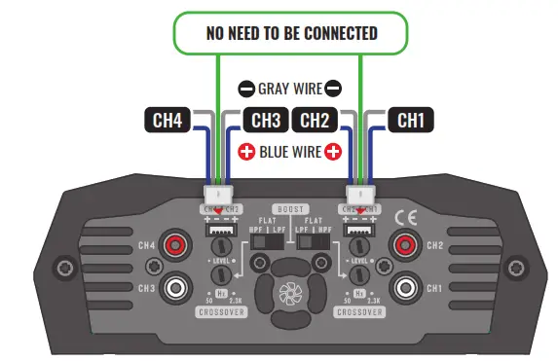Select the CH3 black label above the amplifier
click(262, 121)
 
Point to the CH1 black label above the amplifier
click(410, 121)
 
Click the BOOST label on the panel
click(289, 209)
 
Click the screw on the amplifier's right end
click(517, 266)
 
